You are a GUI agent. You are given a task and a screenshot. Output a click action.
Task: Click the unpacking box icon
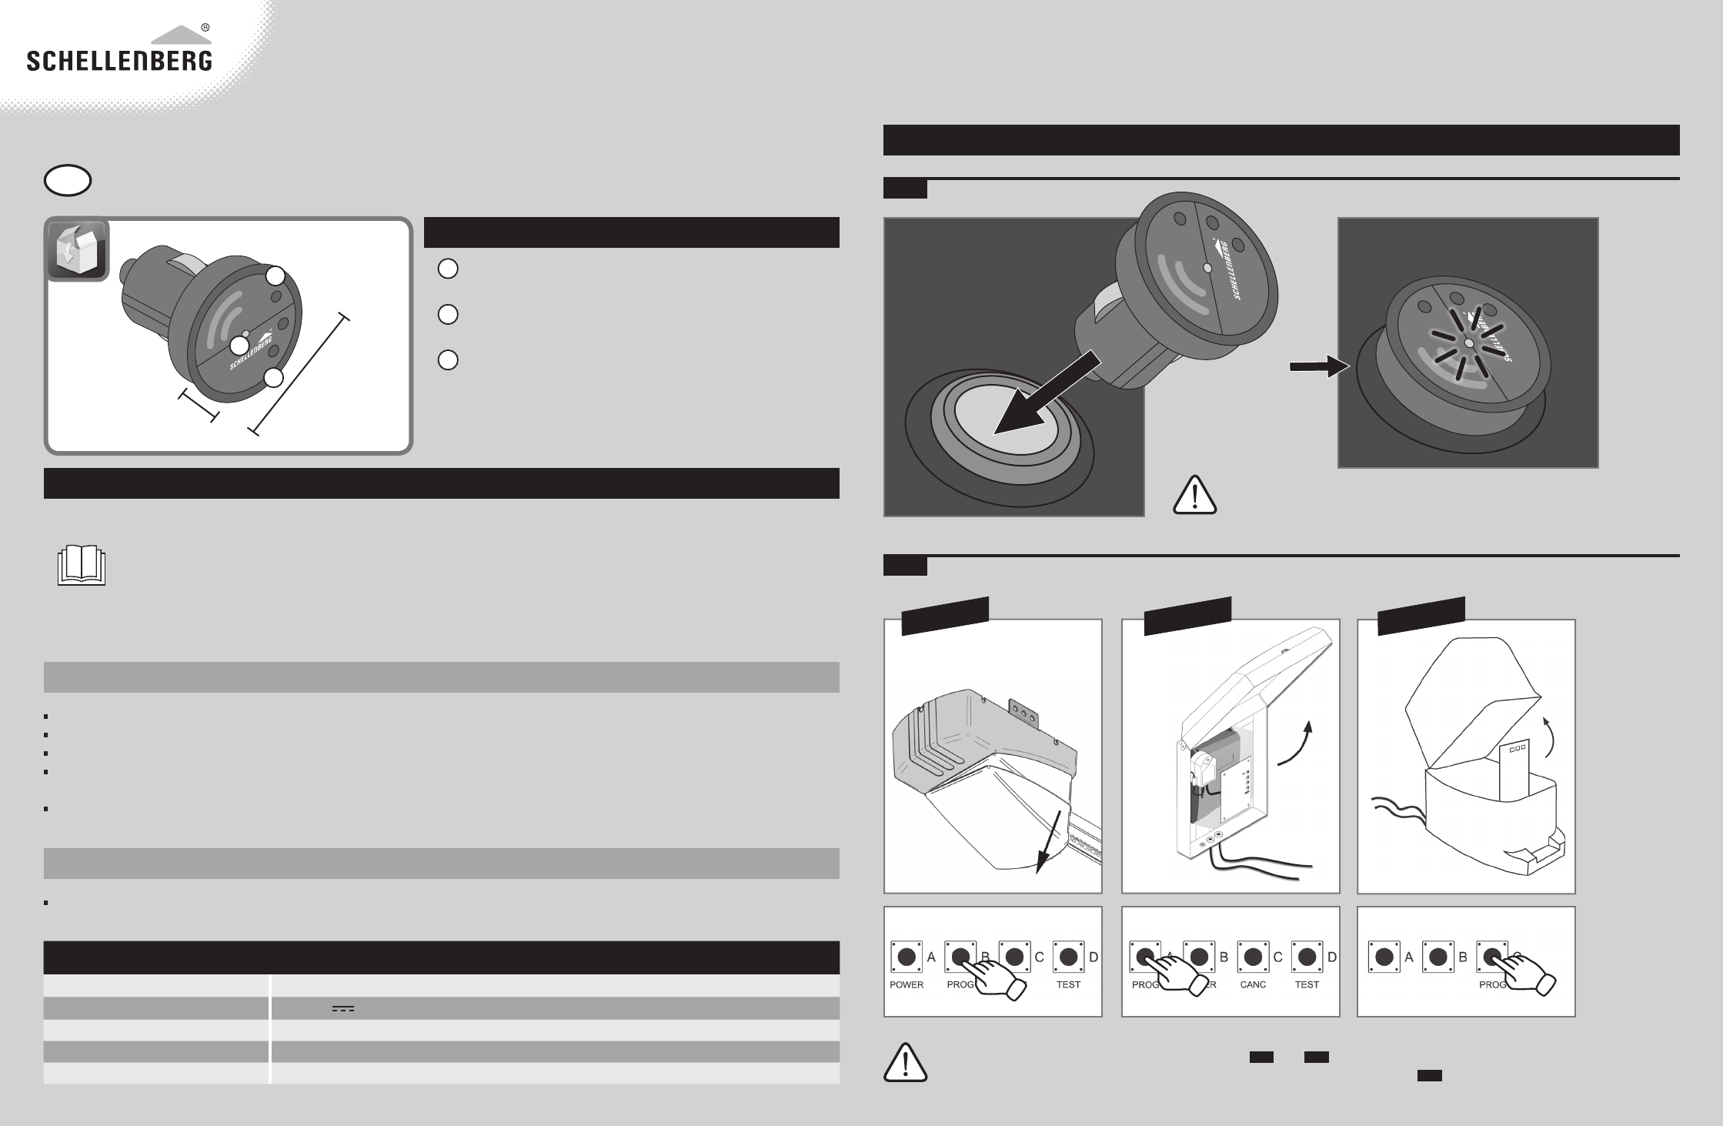(76, 250)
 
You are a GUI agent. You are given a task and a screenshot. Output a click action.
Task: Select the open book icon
(82, 566)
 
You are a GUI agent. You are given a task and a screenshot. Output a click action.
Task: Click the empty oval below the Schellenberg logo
(68, 181)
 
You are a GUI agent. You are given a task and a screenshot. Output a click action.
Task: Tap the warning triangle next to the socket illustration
(1194, 494)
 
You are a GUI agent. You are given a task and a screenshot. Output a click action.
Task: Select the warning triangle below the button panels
(906, 1063)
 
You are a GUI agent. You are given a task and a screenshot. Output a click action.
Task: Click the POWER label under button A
(906, 984)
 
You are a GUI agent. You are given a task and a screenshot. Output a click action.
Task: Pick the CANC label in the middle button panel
(1253, 984)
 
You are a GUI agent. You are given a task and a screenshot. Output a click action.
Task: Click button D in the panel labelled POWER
(1068, 957)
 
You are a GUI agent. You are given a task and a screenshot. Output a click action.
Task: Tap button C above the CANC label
(1253, 957)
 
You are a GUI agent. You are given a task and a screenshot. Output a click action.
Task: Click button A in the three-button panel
(1384, 957)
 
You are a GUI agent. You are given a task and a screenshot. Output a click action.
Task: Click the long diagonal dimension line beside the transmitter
(300, 375)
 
